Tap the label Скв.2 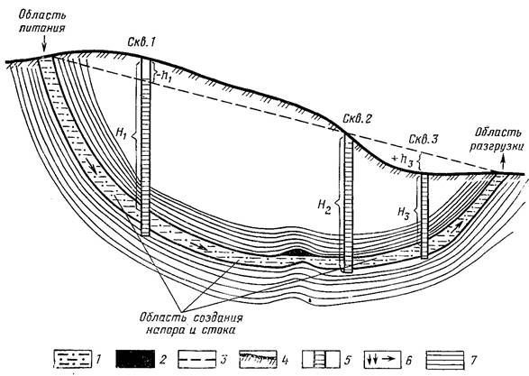[357, 118]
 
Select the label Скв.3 [423, 139]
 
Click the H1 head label [121, 133]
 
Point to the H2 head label [324, 206]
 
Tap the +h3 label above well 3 [403, 159]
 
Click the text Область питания [41, 22]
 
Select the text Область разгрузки [497, 138]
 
